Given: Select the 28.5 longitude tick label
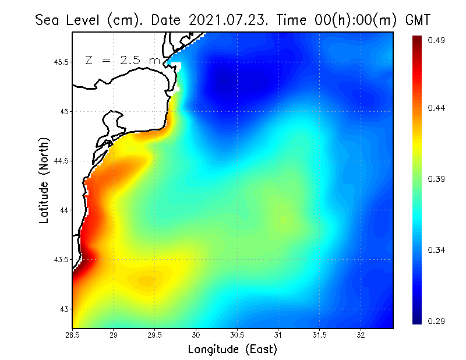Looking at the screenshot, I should click(73, 335).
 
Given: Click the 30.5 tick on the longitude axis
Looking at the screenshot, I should click(237, 335).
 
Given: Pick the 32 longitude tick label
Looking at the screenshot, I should click(361, 335).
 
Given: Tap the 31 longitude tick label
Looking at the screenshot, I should click(278, 335).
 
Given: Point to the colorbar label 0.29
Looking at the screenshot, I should click(437, 321).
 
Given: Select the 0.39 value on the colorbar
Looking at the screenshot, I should click(437, 179).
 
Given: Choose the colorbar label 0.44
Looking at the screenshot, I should click(437, 108).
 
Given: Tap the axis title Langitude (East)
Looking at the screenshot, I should click(232, 350).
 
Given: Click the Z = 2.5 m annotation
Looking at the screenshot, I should click(122, 60).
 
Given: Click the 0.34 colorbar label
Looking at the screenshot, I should click(437, 250).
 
